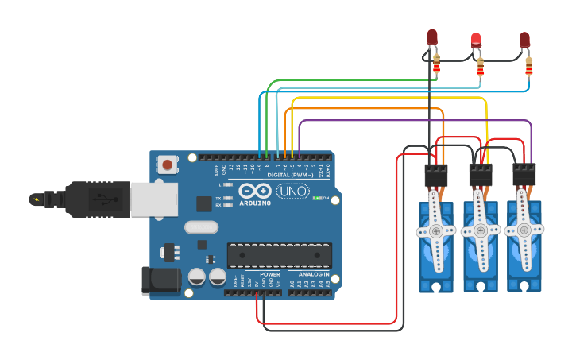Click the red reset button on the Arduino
click(168, 165)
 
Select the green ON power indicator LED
click(318, 198)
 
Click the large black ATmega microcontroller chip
click(279, 256)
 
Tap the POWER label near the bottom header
click(269, 274)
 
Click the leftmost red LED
click(432, 37)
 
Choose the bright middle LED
click(477, 40)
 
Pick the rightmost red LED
click(524, 40)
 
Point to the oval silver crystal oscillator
click(201, 227)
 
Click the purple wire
click(413, 122)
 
